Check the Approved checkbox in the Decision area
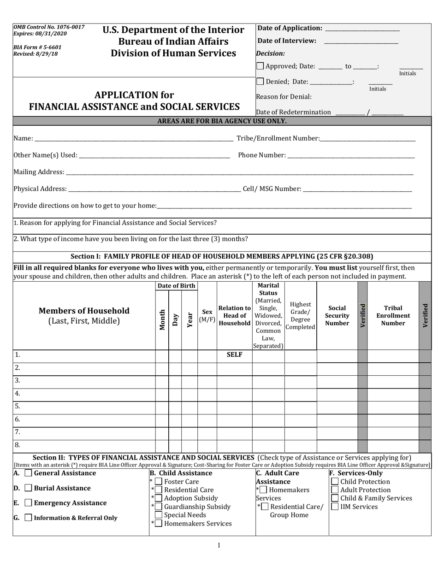pyautogui.click(x=260, y=66)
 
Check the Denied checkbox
pyautogui.click(x=260, y=82)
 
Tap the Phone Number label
pyautogui.click(x=261, y=155)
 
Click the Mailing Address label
pyautogui.click(x=39, y=172)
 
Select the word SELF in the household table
pyautogui.click(x=235, y=355)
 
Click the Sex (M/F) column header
pyautogui.click(x=207, y=316)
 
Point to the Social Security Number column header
pyautogui.click(x=337, y=316)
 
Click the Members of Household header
pyautogui.click(x=84, y=316)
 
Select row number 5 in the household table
pyautogui.click(x=17, y=407)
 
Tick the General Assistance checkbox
pyautogui.click(x=28, y=473)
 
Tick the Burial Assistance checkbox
pyautogui.click(x=28, y=488)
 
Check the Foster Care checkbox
pyautogui.click(x=159, y=482)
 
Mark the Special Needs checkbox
pyautogui.click(x=159, y=515)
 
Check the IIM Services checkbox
pyautogui.click(x=335, y=507)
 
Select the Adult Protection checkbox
pyautogui.click(x=335, y=490)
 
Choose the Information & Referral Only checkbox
pyautogui.click(x=28, y=518)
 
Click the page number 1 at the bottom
pyautogui.click(x=219, y=546)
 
